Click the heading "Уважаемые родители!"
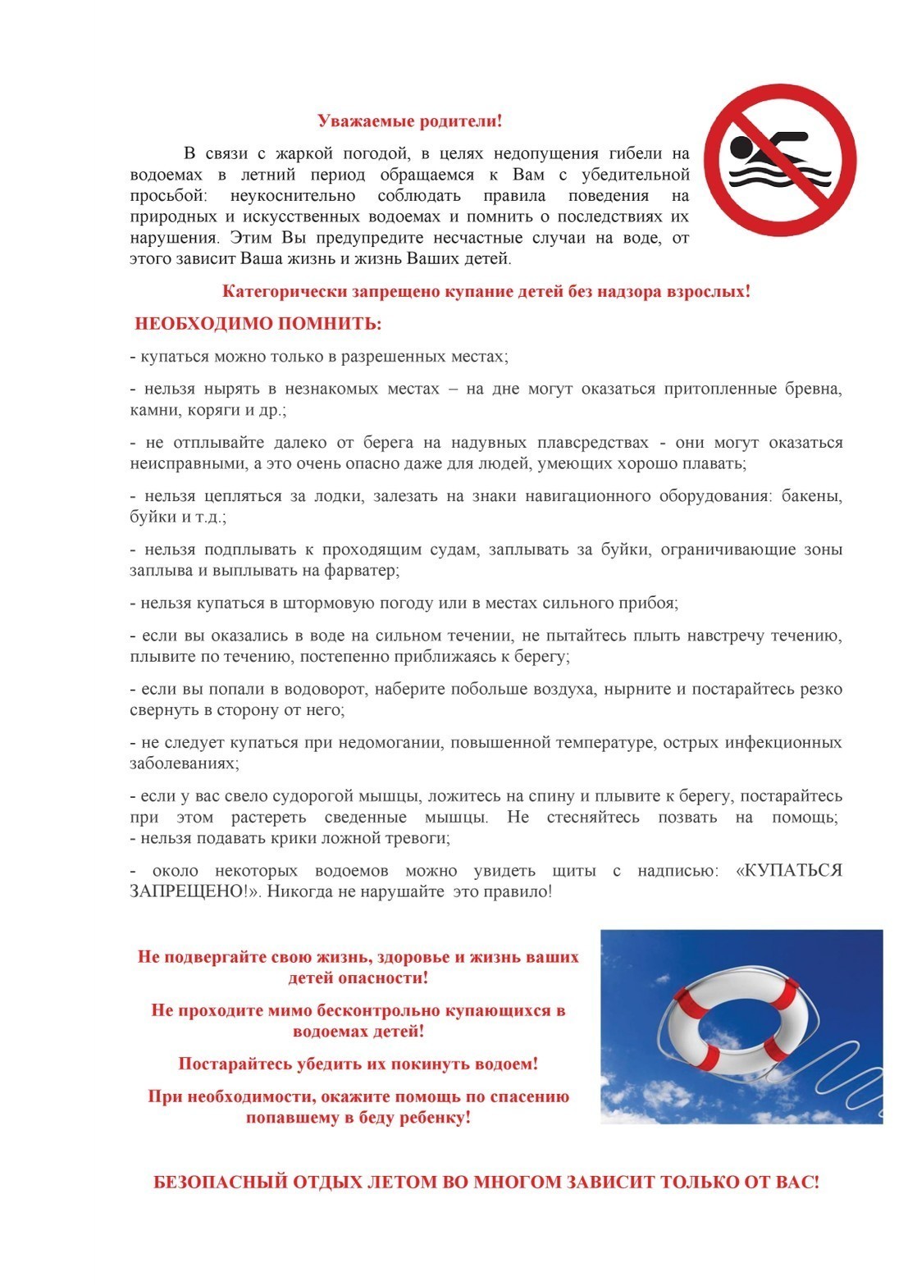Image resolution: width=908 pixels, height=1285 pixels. [409, 121]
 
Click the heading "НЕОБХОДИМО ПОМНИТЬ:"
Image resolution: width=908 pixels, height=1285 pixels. [258, 324]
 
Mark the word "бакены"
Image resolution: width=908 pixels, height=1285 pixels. [811, 496]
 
